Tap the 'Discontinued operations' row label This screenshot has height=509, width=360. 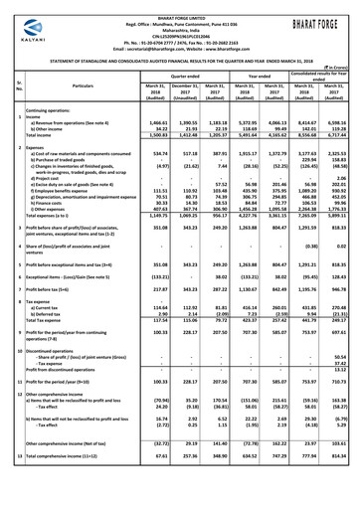tap(61, 351)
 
